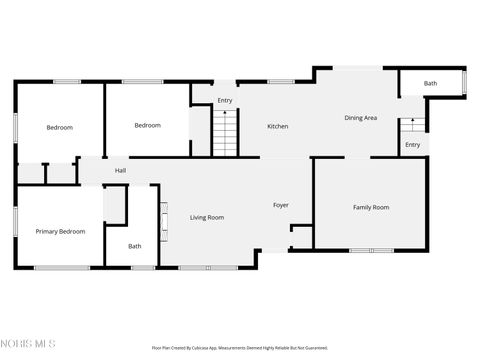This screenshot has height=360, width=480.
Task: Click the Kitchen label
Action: coord(277,127)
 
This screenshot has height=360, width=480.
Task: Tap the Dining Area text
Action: coord(360,118)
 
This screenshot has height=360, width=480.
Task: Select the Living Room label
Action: coord(207,217)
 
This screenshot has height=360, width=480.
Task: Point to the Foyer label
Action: coord(281,205)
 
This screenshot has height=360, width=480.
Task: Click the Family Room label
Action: coord(370,207)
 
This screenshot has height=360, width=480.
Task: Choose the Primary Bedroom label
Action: coord(60,231)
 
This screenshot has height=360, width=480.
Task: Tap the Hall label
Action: coord(120,171)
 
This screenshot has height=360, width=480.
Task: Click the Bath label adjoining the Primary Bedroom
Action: coord(134,246)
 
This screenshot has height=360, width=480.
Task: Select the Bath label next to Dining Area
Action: coord(430,84)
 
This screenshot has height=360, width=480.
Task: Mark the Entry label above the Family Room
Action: coord(412,145)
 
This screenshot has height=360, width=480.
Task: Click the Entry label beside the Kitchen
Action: coord(225,100)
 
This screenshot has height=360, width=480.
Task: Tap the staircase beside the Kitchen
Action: coord(226,132)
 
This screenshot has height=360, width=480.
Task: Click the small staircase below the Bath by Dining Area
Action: coord(411,126)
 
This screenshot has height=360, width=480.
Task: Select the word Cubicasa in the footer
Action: coord(207,348)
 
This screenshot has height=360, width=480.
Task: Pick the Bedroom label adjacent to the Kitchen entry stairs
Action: coord(148,125)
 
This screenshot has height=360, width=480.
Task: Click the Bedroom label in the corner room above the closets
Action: coord(59,127)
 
